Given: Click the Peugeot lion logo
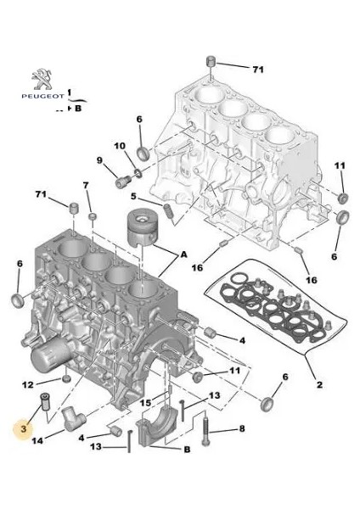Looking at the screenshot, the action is coord(42,79).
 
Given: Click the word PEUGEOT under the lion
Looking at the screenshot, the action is coord(43,97).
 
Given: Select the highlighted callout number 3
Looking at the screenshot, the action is coord(24,428).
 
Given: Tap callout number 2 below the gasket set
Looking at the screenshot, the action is coord(320,384).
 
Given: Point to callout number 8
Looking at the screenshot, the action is coord(242,428).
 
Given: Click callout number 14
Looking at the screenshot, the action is coord(37,440).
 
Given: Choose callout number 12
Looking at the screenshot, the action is coord(28,384).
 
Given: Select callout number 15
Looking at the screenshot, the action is coord(145,403).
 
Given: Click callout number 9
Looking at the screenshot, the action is coord(99,160).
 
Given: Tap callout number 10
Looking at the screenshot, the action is coord(120,146).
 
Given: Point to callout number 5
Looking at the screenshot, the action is coord(133,197).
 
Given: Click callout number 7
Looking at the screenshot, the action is coord(86,185).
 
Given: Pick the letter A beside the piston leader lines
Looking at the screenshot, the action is coord(184,255).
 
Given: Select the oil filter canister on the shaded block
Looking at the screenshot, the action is coord(51,357).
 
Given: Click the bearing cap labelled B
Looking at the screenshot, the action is coord(156,424).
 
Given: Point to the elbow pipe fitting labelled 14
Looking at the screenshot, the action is coord(74,418).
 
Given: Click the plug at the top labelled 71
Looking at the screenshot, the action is coord(211,61).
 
